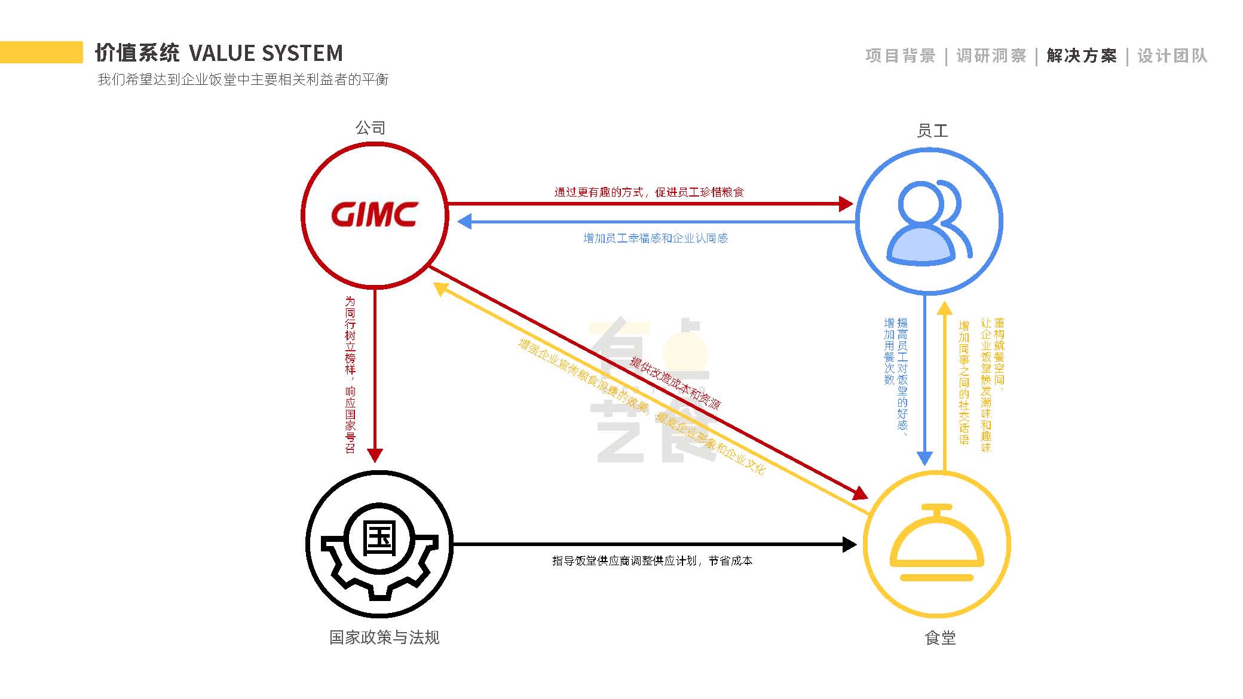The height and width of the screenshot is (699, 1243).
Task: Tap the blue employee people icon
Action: (x=929, y=222)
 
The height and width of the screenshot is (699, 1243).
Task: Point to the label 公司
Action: (x=371, y=128)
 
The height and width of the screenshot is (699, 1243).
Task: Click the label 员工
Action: (x=932, y=131)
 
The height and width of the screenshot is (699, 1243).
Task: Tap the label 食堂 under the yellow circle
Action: (x=940, y=638)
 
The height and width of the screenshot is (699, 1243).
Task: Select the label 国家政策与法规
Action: (x=384, y=637)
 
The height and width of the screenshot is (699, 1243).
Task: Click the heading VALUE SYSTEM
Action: (x=266, y=54)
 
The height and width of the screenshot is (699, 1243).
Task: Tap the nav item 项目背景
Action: (x=900, y=56)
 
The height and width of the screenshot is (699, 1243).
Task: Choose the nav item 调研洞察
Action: (x=991, y=56)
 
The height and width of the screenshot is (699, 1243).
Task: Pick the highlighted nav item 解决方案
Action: (x=1082, y=56)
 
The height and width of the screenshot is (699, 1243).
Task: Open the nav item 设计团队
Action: (x=1172, y=56)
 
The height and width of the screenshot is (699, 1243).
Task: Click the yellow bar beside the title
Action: (x=41, y=52)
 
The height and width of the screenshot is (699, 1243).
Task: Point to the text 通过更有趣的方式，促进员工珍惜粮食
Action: (x=649, y=192)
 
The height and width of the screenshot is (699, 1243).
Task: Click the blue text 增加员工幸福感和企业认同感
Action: (x=656, y=238)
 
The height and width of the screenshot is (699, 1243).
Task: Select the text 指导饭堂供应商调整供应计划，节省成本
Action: (x=652, y=560)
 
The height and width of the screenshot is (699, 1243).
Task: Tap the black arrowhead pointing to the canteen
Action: (x=849, y=544)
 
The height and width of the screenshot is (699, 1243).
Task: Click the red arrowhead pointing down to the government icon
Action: (x=375, y=455)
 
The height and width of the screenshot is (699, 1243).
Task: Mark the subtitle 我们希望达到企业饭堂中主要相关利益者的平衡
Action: (x=243, y=79)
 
